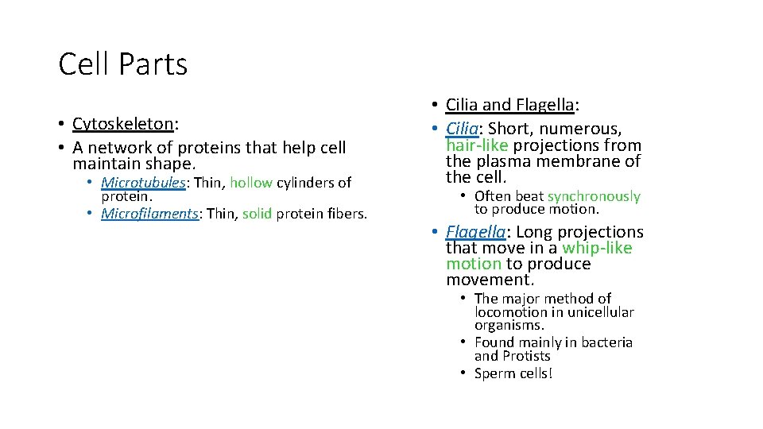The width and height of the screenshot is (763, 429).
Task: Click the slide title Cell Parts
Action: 123,64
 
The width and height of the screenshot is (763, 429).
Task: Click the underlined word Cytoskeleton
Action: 122,124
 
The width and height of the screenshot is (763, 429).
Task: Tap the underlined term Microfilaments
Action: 149,214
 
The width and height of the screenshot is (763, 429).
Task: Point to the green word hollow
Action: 251,183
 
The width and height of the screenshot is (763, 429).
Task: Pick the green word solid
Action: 258,214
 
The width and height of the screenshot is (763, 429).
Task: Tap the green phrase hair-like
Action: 477,145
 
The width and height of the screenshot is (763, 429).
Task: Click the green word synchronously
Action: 594,196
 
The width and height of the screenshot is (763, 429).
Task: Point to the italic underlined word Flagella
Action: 475,232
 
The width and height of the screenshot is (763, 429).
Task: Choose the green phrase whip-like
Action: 597,248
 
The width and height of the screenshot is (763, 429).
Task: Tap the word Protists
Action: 528,356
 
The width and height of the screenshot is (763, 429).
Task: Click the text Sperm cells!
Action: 513,373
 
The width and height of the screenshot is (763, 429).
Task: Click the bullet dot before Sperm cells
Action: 462,373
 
